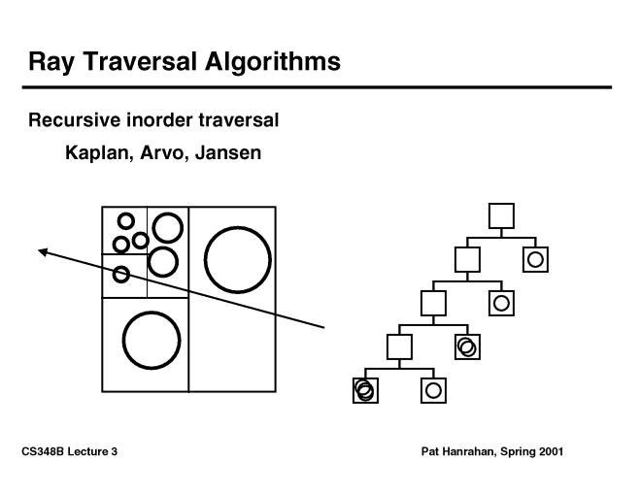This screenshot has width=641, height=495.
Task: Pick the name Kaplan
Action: click(95, 153)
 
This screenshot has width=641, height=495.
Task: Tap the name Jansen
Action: click(228, 153)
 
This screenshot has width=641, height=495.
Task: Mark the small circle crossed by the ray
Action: click(121, 275)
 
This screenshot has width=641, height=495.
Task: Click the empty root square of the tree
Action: click(501, 214)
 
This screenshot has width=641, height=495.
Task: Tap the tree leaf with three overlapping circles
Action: click(365, 390)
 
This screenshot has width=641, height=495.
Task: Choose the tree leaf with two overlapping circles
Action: click(467, 346)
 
